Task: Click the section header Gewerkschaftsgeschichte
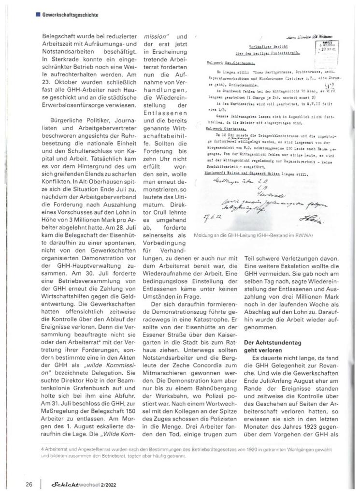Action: pos(71,15)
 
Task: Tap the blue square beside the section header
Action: pos(37,15)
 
